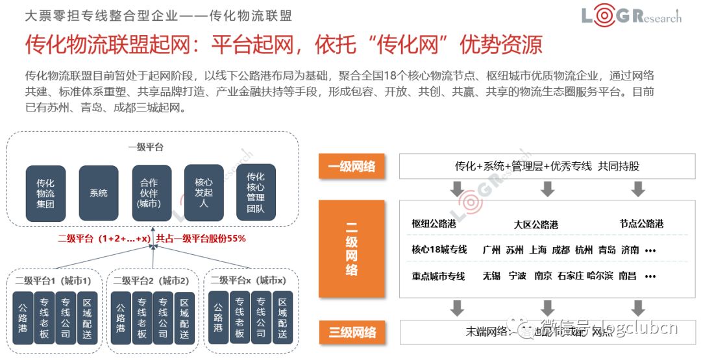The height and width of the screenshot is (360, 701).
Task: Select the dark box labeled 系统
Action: click(x=99, y=193)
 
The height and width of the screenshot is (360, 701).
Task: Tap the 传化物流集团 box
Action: click(x=45, y=193)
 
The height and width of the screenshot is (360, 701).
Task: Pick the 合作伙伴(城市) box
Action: click(x=150, y=193)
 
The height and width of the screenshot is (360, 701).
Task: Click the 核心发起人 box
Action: click(x=204, y=193)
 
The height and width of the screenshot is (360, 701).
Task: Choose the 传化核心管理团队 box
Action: click(x=255, y=193)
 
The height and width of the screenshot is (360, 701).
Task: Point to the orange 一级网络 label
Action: click(x=352, y=166)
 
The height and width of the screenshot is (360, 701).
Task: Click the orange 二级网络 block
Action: click(x=352, y=249)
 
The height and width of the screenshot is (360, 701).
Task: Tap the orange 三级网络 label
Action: click(x=352, y=332)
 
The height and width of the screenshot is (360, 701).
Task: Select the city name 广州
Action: click(x=492, y=250)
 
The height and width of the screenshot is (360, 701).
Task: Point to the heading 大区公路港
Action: click(x=535, y=224)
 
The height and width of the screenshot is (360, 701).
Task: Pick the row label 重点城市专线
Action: click(x=438, y=276)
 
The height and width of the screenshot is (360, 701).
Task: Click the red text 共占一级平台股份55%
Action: click(x=201, y=239)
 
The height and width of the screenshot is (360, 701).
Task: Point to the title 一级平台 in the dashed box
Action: click(x=145, y=147)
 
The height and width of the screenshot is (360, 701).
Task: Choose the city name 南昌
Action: click(x=627, y=276)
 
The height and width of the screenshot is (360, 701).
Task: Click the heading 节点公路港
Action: click(x=641, y=224)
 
